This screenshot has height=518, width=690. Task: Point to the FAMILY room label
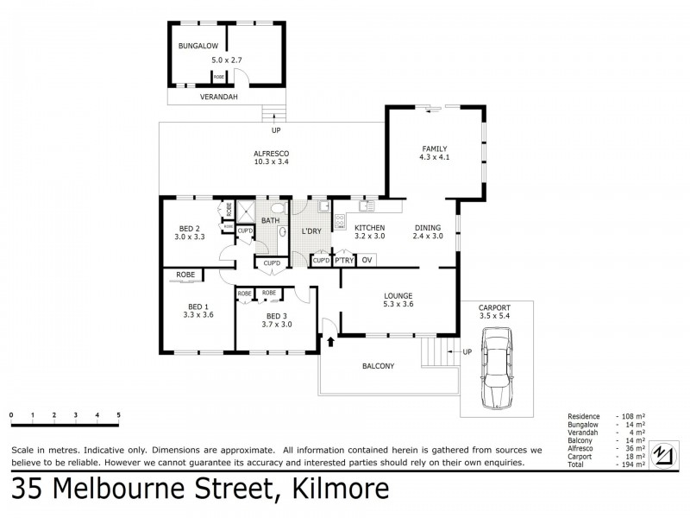(435, 148)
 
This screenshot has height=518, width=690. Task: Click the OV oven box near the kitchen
(367, 259)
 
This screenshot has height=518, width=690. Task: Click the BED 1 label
(198, 306)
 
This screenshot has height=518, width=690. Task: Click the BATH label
(271, 222)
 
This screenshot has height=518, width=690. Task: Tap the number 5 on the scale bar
(118, 415)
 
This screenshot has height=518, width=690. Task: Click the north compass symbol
(663, 452)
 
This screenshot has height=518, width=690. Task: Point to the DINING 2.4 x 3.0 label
(427, 231)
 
